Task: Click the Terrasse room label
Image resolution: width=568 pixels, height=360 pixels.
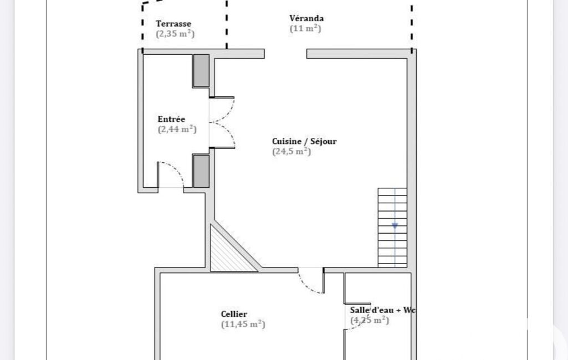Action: pyautogui.click(x=173, y=24)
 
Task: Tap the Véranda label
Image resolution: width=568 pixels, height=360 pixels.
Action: pyautogui.click(x=306, y=18)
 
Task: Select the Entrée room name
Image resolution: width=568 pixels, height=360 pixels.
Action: pyautogui.click(x=171, y=119)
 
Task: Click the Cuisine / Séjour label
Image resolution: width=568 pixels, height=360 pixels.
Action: pyautogui.click(x=304, y=141)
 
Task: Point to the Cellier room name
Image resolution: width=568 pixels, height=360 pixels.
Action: pyautogui.click(x=234, y=314)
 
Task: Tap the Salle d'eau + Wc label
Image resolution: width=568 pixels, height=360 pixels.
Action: pyautogui.click(x=382, y=310)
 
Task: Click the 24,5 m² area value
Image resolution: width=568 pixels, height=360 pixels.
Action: pyautogui.click(x=291, y=151)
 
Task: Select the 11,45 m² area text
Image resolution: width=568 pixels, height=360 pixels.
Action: pyautogui.click(x=243, y=324)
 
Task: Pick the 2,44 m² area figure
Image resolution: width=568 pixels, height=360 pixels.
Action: pyautogui.click(x=177, y=129)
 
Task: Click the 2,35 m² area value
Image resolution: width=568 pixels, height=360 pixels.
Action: pyautogui.click(x=175, y=34)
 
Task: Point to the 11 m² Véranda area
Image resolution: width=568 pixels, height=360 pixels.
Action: pyautogui.click(x=305, y=28)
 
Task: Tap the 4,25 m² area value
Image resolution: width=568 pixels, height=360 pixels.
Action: pyautogui.click(x=370, y=320)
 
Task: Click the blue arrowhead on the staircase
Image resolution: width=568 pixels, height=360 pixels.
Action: pyautogui.click(x=395, y=226)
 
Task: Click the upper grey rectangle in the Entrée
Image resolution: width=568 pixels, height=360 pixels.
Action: pyautogui.click(x=201, y=71)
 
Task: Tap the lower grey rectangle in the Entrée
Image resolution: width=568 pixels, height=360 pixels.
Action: pyautogui.click(x=201, y=171)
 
